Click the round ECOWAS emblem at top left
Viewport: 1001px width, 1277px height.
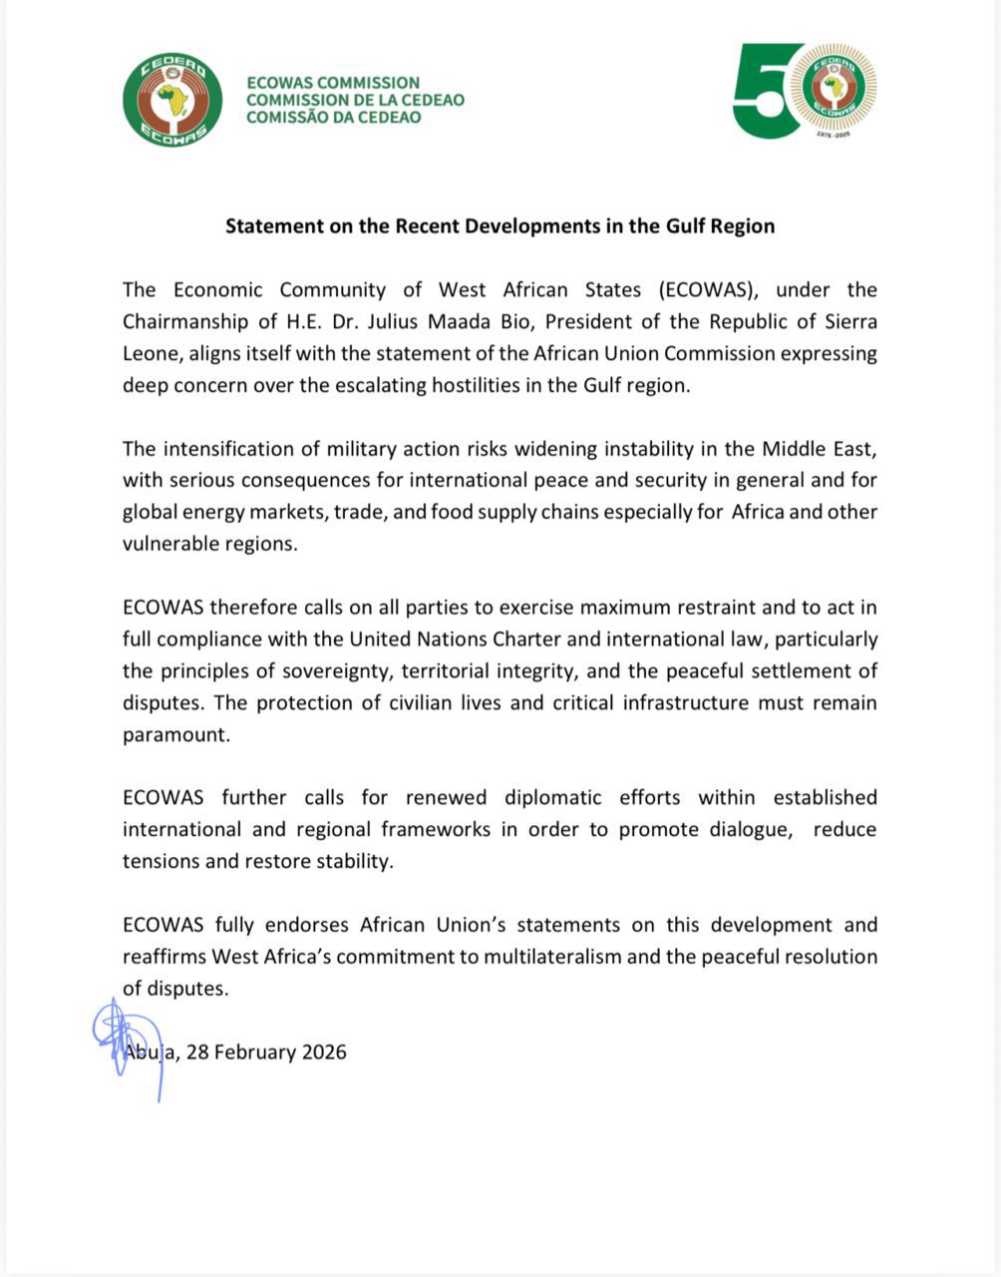pyautogui.click(x=172, y=100)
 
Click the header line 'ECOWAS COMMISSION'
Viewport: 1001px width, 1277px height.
pyautogui.click(x=333, y=83)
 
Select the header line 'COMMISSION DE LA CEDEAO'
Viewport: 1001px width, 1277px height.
pyautogui.click(x=355, y=100)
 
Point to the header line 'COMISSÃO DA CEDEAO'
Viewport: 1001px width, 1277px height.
pyautogui.click(x=333, y=117)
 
